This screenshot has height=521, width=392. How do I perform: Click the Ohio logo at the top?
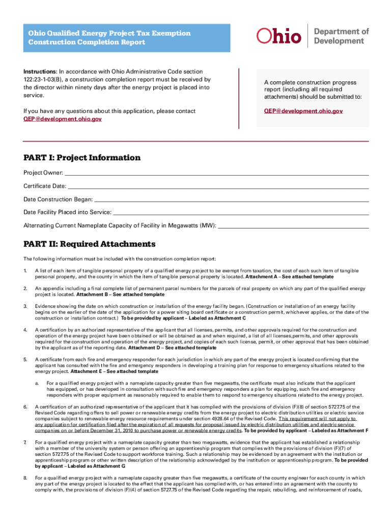pos(279,36)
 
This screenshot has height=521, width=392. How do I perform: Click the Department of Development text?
pos(341,36)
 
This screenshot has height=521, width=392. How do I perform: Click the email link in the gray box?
pos(303,110)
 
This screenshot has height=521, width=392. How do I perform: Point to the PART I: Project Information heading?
pos(82,158)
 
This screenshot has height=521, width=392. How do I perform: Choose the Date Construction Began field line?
pos(232,199)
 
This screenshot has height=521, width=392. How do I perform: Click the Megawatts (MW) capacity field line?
pos(293,225)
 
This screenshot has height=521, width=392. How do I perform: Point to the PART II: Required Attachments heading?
pos(89,244)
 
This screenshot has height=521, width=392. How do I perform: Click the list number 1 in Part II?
pos(25,270)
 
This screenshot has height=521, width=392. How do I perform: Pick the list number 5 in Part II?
pos(25,360)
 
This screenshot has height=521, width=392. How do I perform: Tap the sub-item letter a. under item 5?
pos(37,383)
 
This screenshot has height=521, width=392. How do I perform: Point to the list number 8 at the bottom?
pos(25,478)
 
